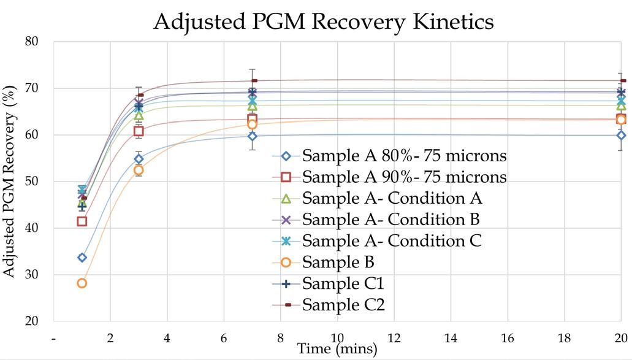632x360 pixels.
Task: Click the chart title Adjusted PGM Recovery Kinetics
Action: point(323,21)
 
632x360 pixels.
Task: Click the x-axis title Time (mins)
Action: point(337,349)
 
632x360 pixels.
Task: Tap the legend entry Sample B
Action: point(338,262)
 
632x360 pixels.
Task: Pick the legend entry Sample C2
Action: point(343,304)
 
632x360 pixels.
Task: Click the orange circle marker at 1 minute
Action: point(82,283)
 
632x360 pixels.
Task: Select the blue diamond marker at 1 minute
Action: point(82,258)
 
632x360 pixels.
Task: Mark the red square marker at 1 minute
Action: point(82,221)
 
